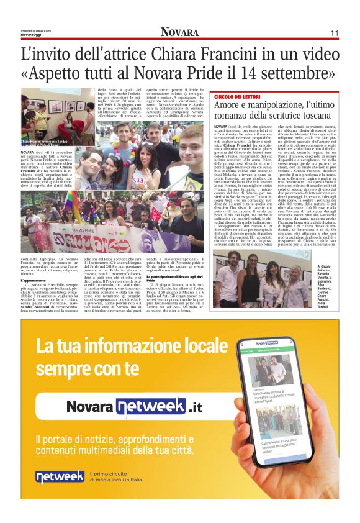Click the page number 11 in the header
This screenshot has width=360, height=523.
click(x=333, y=32)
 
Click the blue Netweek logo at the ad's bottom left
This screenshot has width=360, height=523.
click(x=60, y=476)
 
